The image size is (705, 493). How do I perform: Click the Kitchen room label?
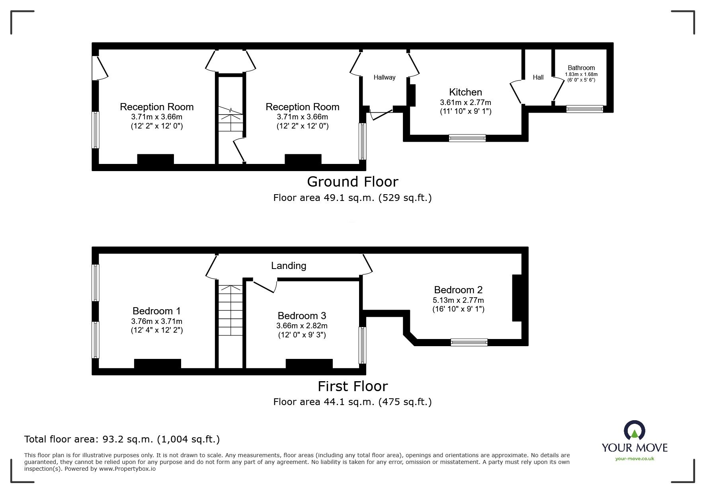point(465,92)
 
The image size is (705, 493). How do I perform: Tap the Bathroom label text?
point(581,68)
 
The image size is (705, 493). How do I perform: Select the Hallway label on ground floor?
point(384,78)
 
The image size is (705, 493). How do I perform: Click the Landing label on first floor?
point(289,266)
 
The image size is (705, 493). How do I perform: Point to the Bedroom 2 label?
point(458,290)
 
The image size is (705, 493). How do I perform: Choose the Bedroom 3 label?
point(302,316)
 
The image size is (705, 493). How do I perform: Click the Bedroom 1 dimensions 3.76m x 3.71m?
point(157,321)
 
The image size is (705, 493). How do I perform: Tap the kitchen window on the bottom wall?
point(467,138)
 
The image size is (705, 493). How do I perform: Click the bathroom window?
point(584,109)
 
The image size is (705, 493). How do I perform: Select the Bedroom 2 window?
point(469,342)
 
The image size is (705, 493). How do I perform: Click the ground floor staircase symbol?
point(230,119)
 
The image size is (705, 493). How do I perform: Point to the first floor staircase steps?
point(230,310)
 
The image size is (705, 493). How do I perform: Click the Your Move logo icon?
point(634,431)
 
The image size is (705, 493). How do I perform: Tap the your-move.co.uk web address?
point(635,459)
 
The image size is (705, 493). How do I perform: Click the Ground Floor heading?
point(352,182)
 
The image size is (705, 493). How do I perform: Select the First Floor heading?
point(352,386)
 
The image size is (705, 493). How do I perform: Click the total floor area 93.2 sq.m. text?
point(122,439)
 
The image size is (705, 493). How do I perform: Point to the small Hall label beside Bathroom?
point(538,78)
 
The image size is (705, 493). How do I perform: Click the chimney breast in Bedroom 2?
point(517,298)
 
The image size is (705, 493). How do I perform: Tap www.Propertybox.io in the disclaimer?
point(127,469)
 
